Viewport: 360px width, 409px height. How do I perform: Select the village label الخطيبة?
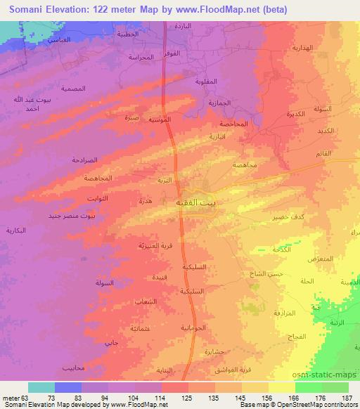[x=128, y=34]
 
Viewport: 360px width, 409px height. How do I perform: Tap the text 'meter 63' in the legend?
[x=14, y=398]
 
